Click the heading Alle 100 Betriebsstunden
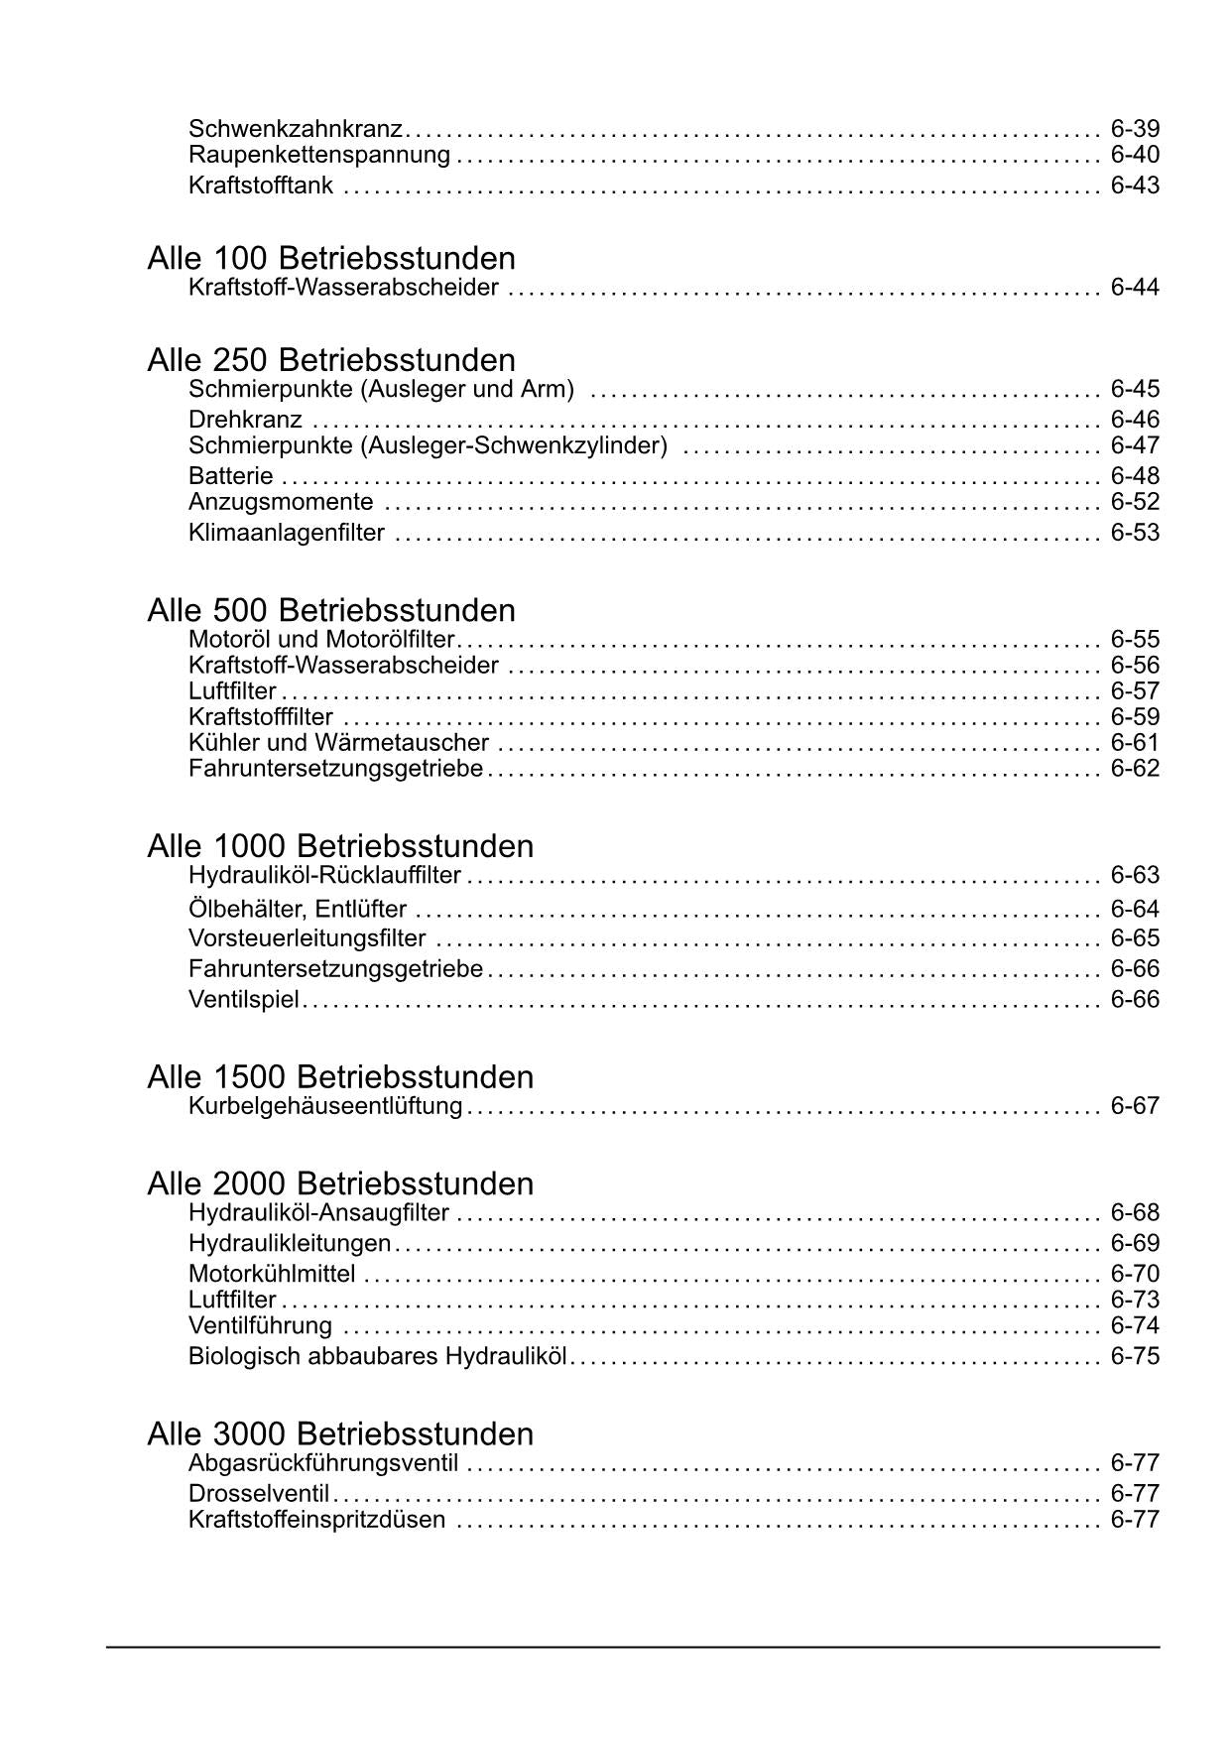click(331, 259)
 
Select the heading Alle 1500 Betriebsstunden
click(340, 1077)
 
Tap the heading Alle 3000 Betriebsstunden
click(340, 1434)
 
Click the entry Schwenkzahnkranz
click(296, 129)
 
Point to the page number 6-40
click(1135, 155)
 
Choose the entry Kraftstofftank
click(261, 186)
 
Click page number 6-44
click(1135, 288)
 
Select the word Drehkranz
click(245, 420)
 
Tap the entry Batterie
click(230, 476)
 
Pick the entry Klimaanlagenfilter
click(287, 533)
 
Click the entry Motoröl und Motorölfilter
click(321, 640)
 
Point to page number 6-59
click(1135, 717)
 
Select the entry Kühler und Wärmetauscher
click(338, 743)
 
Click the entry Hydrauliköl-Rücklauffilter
click(324, 876)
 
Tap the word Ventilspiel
click(243, 999)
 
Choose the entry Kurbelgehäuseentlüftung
click(325, 1106)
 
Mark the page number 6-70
click(1135, 1274)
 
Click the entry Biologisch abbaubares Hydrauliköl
click(377, 1356)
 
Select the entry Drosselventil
click(259, 1494)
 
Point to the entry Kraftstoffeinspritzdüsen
click(316, 1520)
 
